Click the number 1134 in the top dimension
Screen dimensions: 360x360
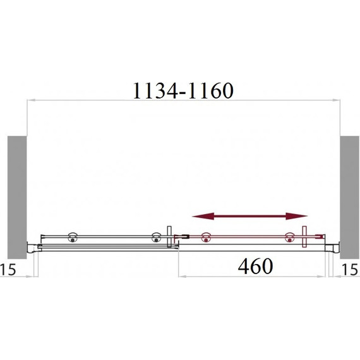click(x=155, y=91)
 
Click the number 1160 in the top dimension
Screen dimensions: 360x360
click(x=211, y=91)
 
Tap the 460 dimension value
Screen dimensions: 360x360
click(x=255, y=267)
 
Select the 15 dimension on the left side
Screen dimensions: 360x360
click(x=8, y=269)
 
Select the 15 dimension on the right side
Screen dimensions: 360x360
click(x=350, y=269)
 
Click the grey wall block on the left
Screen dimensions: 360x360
click(x=17, y=197)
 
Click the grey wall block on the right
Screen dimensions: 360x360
click(x=349, y=197)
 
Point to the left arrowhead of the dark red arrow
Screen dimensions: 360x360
click(x=203, y=216)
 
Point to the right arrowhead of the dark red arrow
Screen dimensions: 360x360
click(x=296, y=216)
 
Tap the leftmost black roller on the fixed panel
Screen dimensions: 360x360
click(x=73, y=238)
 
